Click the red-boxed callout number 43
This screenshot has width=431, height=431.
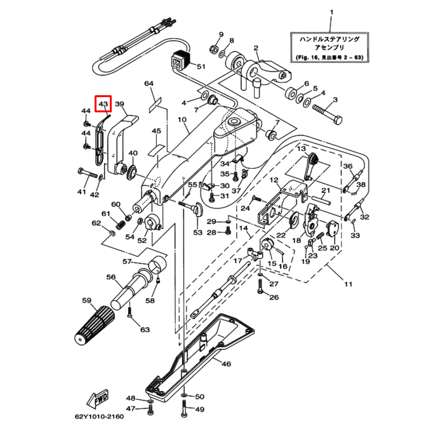tap(103, 103)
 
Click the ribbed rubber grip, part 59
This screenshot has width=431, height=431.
tap(94, 324)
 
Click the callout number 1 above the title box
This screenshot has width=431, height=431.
tap(331, 14)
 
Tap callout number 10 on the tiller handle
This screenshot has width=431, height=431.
tap(182, 120)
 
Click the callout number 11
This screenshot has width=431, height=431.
tap(348, 284)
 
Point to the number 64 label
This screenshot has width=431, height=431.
tap(149, 84)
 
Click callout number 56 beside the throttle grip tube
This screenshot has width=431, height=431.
tap(111, 277)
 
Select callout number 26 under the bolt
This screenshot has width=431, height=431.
tap(274, 297)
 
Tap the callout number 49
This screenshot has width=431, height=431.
tap(199, 409)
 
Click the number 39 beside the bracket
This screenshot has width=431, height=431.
tap(119, 104)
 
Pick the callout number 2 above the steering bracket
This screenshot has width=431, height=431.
tap(256, 48)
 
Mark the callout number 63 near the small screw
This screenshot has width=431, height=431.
tap(145, 329)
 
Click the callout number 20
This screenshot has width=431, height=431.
tap(334, 248)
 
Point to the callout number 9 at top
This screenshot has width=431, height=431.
tap(221, 34)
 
